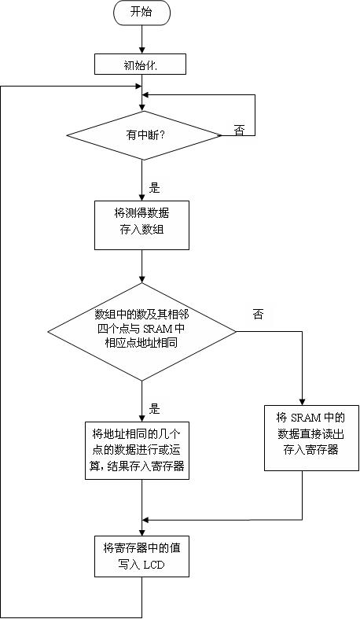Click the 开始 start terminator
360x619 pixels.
(141, 13)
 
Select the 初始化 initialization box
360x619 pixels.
(140, 64)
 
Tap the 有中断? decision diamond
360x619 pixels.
(144, 135)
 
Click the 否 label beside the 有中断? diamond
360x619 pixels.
(239, 131)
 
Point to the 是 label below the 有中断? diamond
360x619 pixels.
(154, 187)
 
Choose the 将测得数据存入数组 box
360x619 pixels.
(141, 225)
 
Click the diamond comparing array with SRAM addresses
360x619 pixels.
(141, 332)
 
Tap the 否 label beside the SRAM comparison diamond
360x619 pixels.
(259, 315)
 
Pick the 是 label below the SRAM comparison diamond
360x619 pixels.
(154, 408)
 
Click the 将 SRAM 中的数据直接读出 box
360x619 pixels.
(311, 438)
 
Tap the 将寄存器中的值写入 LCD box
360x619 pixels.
(141, 556)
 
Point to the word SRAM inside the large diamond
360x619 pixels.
(158, 329)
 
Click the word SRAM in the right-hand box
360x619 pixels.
(306, 418)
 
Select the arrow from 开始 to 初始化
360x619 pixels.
(141, 39)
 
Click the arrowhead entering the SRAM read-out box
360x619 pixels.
(303, 401)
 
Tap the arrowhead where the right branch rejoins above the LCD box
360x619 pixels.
(145, 520)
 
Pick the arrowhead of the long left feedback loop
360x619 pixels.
(138, 86)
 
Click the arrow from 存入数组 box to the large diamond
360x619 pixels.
(141, 266)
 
